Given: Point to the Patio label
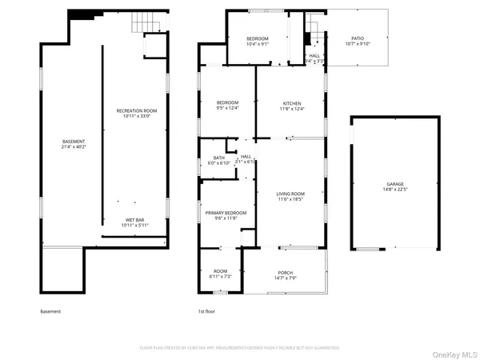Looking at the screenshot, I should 358,41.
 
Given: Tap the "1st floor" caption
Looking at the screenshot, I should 207,311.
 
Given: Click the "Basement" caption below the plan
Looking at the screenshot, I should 50,311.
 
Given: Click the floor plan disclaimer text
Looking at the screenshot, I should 240,348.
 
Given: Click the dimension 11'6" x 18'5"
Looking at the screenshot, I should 291,200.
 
